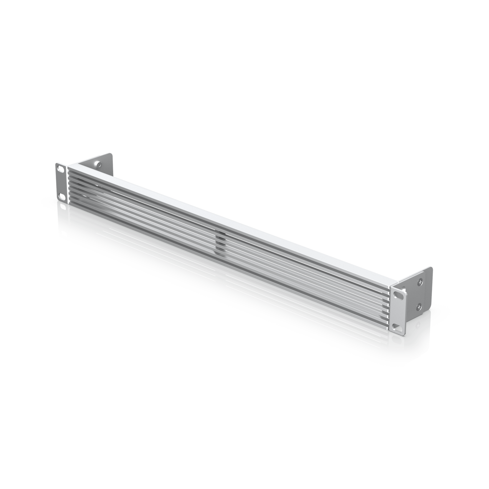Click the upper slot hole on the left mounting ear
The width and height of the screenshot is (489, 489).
pos(61,170)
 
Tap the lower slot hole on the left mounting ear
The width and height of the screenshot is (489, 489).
pos(61,196)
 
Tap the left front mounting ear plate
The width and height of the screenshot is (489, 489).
pos(61,183)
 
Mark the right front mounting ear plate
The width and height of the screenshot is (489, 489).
pos(398,310)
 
